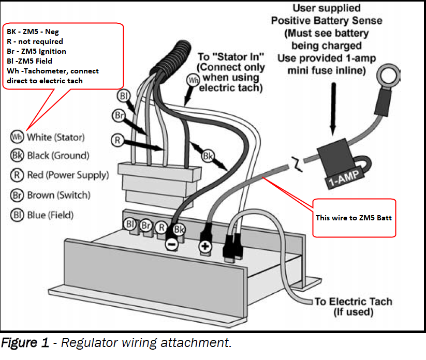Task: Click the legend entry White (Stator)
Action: [x=48, y=137]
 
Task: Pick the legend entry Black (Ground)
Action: [x=50, y=155]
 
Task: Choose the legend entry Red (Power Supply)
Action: [x=60, y=175]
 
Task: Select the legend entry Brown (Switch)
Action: [x=50, y=195]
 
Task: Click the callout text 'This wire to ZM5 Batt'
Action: [x=353, y=218]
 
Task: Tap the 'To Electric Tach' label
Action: [x=353, y=302]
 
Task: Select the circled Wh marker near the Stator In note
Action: [x=193, y=81]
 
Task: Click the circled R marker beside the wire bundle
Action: [x=118, y=140]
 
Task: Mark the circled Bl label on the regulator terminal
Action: [x=129, y=223]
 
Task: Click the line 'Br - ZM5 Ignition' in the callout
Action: [x=36, y=51]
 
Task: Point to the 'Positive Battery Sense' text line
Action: [x=320, y=20]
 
